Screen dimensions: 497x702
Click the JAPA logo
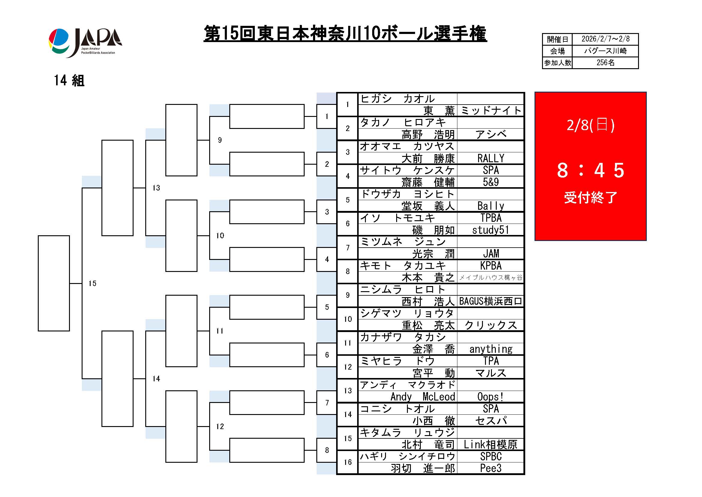[x=85, y=43]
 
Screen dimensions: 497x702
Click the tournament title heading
[x=345, y=34]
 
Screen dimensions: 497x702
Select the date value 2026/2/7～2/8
[x=605, y=39]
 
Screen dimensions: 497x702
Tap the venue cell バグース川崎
[x=605, y=51]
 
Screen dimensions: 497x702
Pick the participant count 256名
[x=605, y=63]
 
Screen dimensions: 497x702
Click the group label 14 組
[x=69, y=81]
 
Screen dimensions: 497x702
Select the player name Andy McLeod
[x=423, y=397]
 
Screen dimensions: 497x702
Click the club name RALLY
[x=490, y=159]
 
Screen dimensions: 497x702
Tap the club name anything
[x=490, y=349]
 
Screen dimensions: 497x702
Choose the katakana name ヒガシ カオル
[x=397, y=99]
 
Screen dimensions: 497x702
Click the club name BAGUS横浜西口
[x=490, y=301]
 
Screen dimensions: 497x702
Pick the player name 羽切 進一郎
[x=423, y=468]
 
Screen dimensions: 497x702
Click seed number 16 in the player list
[x=348, y=462]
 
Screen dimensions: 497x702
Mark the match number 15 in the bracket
[x=92, y=284]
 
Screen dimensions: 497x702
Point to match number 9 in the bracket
[x=220, y=140]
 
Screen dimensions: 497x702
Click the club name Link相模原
[x=490, y=445]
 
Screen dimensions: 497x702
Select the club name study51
[x=490, y=230]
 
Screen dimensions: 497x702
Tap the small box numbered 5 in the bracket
[x=327, y=307]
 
